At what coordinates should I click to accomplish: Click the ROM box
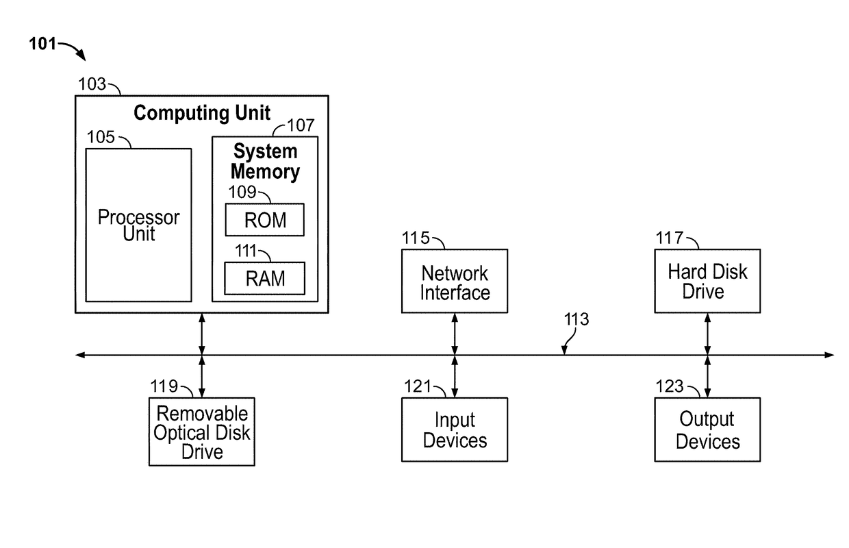pos(265,221)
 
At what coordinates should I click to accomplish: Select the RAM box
pos(265,279)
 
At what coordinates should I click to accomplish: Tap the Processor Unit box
pos(138,225)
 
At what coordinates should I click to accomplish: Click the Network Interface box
pos(455,282)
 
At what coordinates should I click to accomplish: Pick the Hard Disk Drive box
pos(707,282)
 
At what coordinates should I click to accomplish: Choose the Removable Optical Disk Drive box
pos(202,432)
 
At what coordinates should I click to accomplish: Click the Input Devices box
pos(455,430)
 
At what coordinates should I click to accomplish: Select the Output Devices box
pos(707,430)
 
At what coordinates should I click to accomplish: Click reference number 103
pos(92,84)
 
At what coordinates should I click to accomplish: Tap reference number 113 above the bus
pos(576,319)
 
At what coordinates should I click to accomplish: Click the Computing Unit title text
pos(202,113)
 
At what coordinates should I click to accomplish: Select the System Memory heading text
pos(265,162)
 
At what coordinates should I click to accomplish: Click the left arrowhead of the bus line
pos(79,355)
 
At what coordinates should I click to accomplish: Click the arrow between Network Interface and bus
pos(455,334)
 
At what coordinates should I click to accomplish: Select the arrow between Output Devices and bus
pos(707,376)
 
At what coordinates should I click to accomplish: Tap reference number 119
pos(164,386)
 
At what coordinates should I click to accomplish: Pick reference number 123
pos(670,386)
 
